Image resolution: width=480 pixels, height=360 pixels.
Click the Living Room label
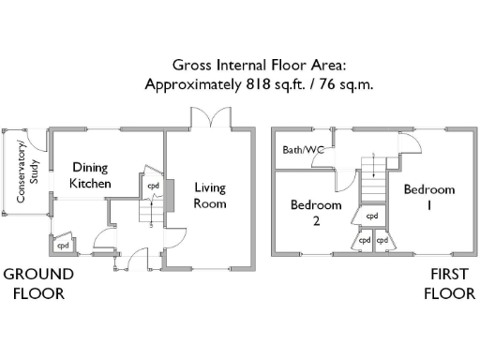click(210, 196)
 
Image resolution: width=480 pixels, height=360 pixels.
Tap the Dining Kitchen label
click(90, 175)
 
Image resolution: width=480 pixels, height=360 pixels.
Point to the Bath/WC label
click(303, 150)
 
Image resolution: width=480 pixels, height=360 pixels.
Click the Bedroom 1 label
click(429, 197)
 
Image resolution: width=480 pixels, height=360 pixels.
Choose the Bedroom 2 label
click(316, 213)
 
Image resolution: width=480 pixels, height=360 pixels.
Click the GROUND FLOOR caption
click(38, 284)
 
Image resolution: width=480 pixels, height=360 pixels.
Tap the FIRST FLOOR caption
click(449, 284)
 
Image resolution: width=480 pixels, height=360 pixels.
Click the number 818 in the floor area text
click(258, 84)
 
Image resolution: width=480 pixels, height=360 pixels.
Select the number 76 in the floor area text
click(327, 84)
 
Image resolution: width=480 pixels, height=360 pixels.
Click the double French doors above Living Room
click(211, 117)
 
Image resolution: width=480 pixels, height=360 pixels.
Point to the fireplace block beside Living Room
click(170, 196)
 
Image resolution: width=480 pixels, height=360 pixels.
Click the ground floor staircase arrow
click(152, 214)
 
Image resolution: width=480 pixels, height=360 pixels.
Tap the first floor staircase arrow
click(373, 165)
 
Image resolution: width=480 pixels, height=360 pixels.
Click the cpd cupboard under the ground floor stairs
click(153, 186)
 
